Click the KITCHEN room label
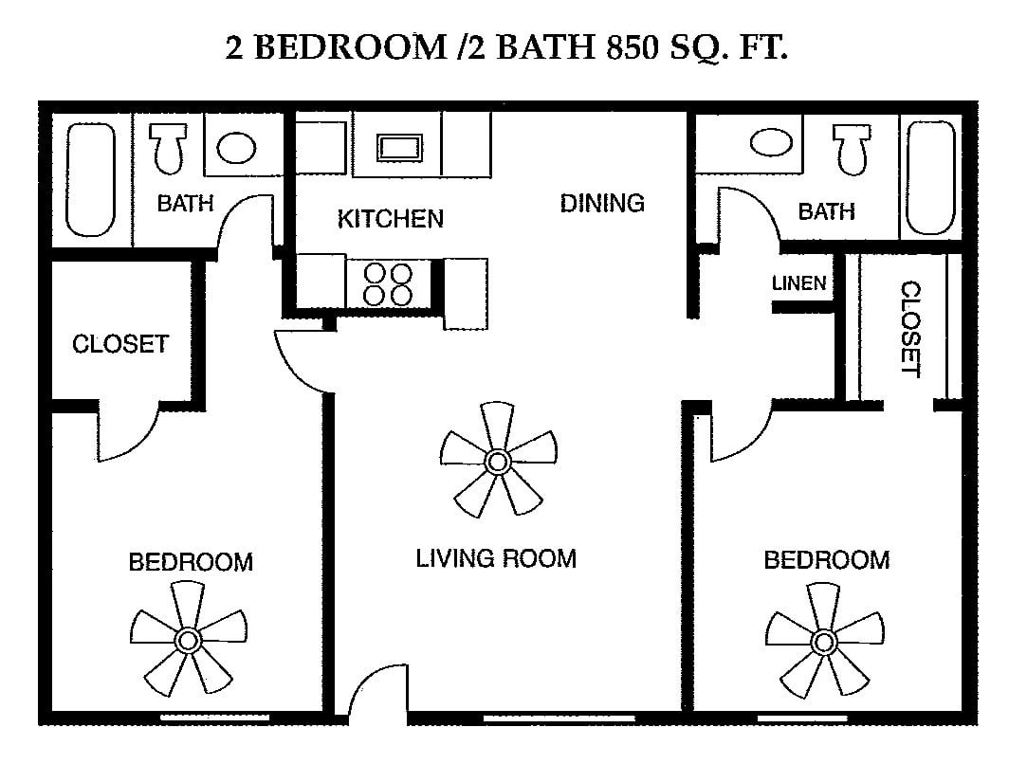point(391,219)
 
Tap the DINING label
point(602,203)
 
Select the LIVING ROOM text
point(496,558)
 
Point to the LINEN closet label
point(798,283)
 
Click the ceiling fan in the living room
point(498,461)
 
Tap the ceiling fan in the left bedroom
point(188,639)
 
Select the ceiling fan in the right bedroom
point(824,641)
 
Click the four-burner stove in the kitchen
point(388,284)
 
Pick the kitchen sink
point(399,147)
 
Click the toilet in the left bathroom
point(169,147)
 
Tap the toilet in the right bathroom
point(853,149)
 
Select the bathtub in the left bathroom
point(90,179)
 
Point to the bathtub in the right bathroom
point(930,177)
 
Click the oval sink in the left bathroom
point(236,148)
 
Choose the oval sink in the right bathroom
point(771,142)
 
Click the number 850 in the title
point(633,47)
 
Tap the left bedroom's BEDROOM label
point(191,563)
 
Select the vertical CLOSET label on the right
point(911,330)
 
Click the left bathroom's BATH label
point(185,204)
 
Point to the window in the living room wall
point(559,718)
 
